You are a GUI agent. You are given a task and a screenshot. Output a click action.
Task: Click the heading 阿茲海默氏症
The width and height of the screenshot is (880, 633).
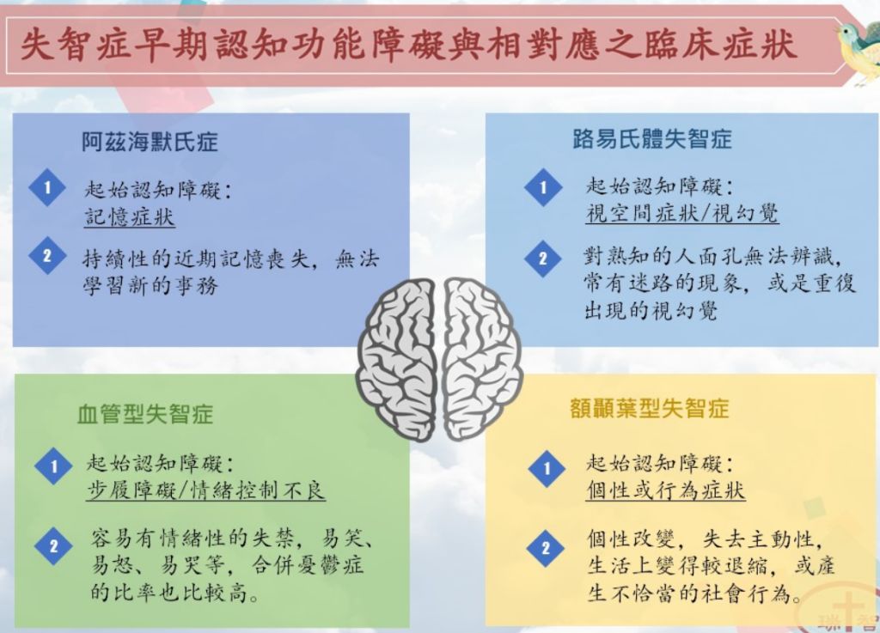click(x=150, y=142)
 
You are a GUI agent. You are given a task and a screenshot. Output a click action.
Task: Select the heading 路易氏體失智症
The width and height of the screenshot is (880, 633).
click(x=652, y=138)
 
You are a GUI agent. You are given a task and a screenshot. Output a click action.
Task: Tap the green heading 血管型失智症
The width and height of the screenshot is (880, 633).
click(x=145, y=414)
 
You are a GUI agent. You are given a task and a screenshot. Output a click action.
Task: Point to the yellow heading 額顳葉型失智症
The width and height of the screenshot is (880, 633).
click(x=650, y=409)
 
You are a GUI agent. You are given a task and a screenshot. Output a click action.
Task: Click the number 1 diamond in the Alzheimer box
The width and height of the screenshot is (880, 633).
click(x=48, y=187)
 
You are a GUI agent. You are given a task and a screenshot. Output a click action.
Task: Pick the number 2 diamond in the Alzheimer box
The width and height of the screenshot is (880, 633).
click(x=48, y=256)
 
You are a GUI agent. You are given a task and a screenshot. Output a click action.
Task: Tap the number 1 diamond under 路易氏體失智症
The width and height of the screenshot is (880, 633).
click(x=543, y=187)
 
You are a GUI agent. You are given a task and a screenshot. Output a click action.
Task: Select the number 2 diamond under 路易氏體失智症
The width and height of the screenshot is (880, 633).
click(x=543, y=259)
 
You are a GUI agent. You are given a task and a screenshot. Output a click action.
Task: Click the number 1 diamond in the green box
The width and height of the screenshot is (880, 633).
click(x=54, y=466)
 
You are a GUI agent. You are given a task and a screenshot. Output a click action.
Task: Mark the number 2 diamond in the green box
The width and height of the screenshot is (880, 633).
click(x=54, y=546)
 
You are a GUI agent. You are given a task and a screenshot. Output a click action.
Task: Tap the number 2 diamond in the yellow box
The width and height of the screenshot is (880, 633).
click(x=546, y=548)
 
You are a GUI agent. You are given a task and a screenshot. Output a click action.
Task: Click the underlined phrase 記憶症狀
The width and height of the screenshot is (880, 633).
click(x=130, y=217)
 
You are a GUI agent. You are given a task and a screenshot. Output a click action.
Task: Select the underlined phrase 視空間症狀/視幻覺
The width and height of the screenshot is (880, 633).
click(x=681, y=214)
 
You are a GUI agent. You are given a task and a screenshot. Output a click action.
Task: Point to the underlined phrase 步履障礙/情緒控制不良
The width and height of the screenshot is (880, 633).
click(x=206, y=490)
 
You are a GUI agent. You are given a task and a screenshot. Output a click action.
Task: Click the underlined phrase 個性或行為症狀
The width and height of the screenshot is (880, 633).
click(x=666, y=490)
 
